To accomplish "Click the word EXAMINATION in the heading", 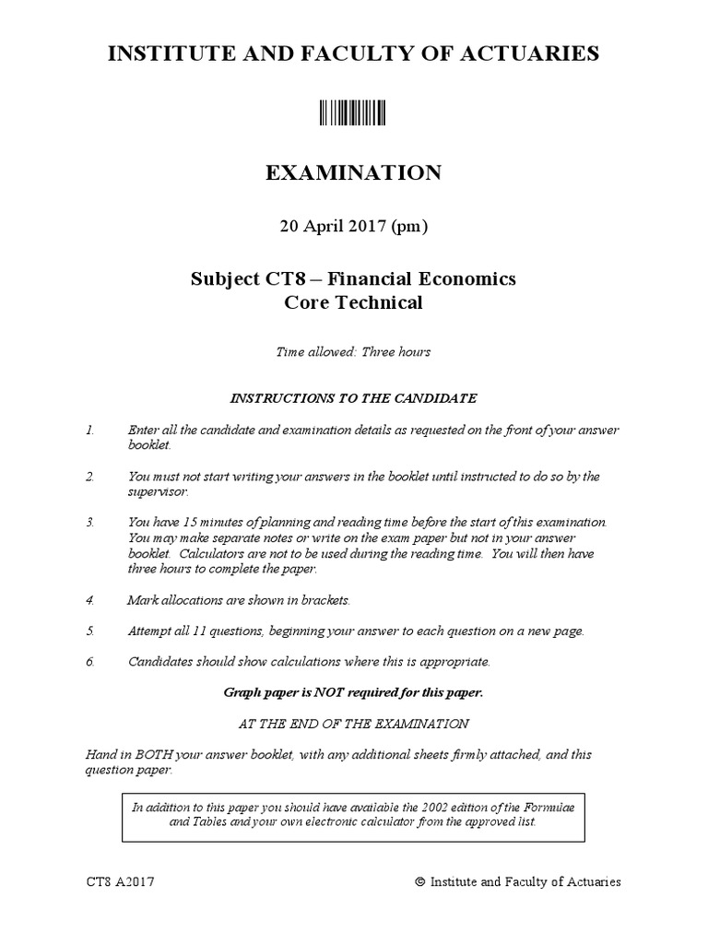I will [353, 172].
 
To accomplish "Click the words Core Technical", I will [353, 302].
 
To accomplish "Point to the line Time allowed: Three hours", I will [353, 351].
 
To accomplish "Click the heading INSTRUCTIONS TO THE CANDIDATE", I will [353, 398].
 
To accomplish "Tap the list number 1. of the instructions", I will [90, 431].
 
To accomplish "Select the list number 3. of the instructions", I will [90, 522].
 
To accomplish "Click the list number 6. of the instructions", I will [90, 661].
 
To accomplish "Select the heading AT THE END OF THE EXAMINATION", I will [353, 723].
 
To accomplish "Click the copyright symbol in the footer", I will [420, 882].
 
